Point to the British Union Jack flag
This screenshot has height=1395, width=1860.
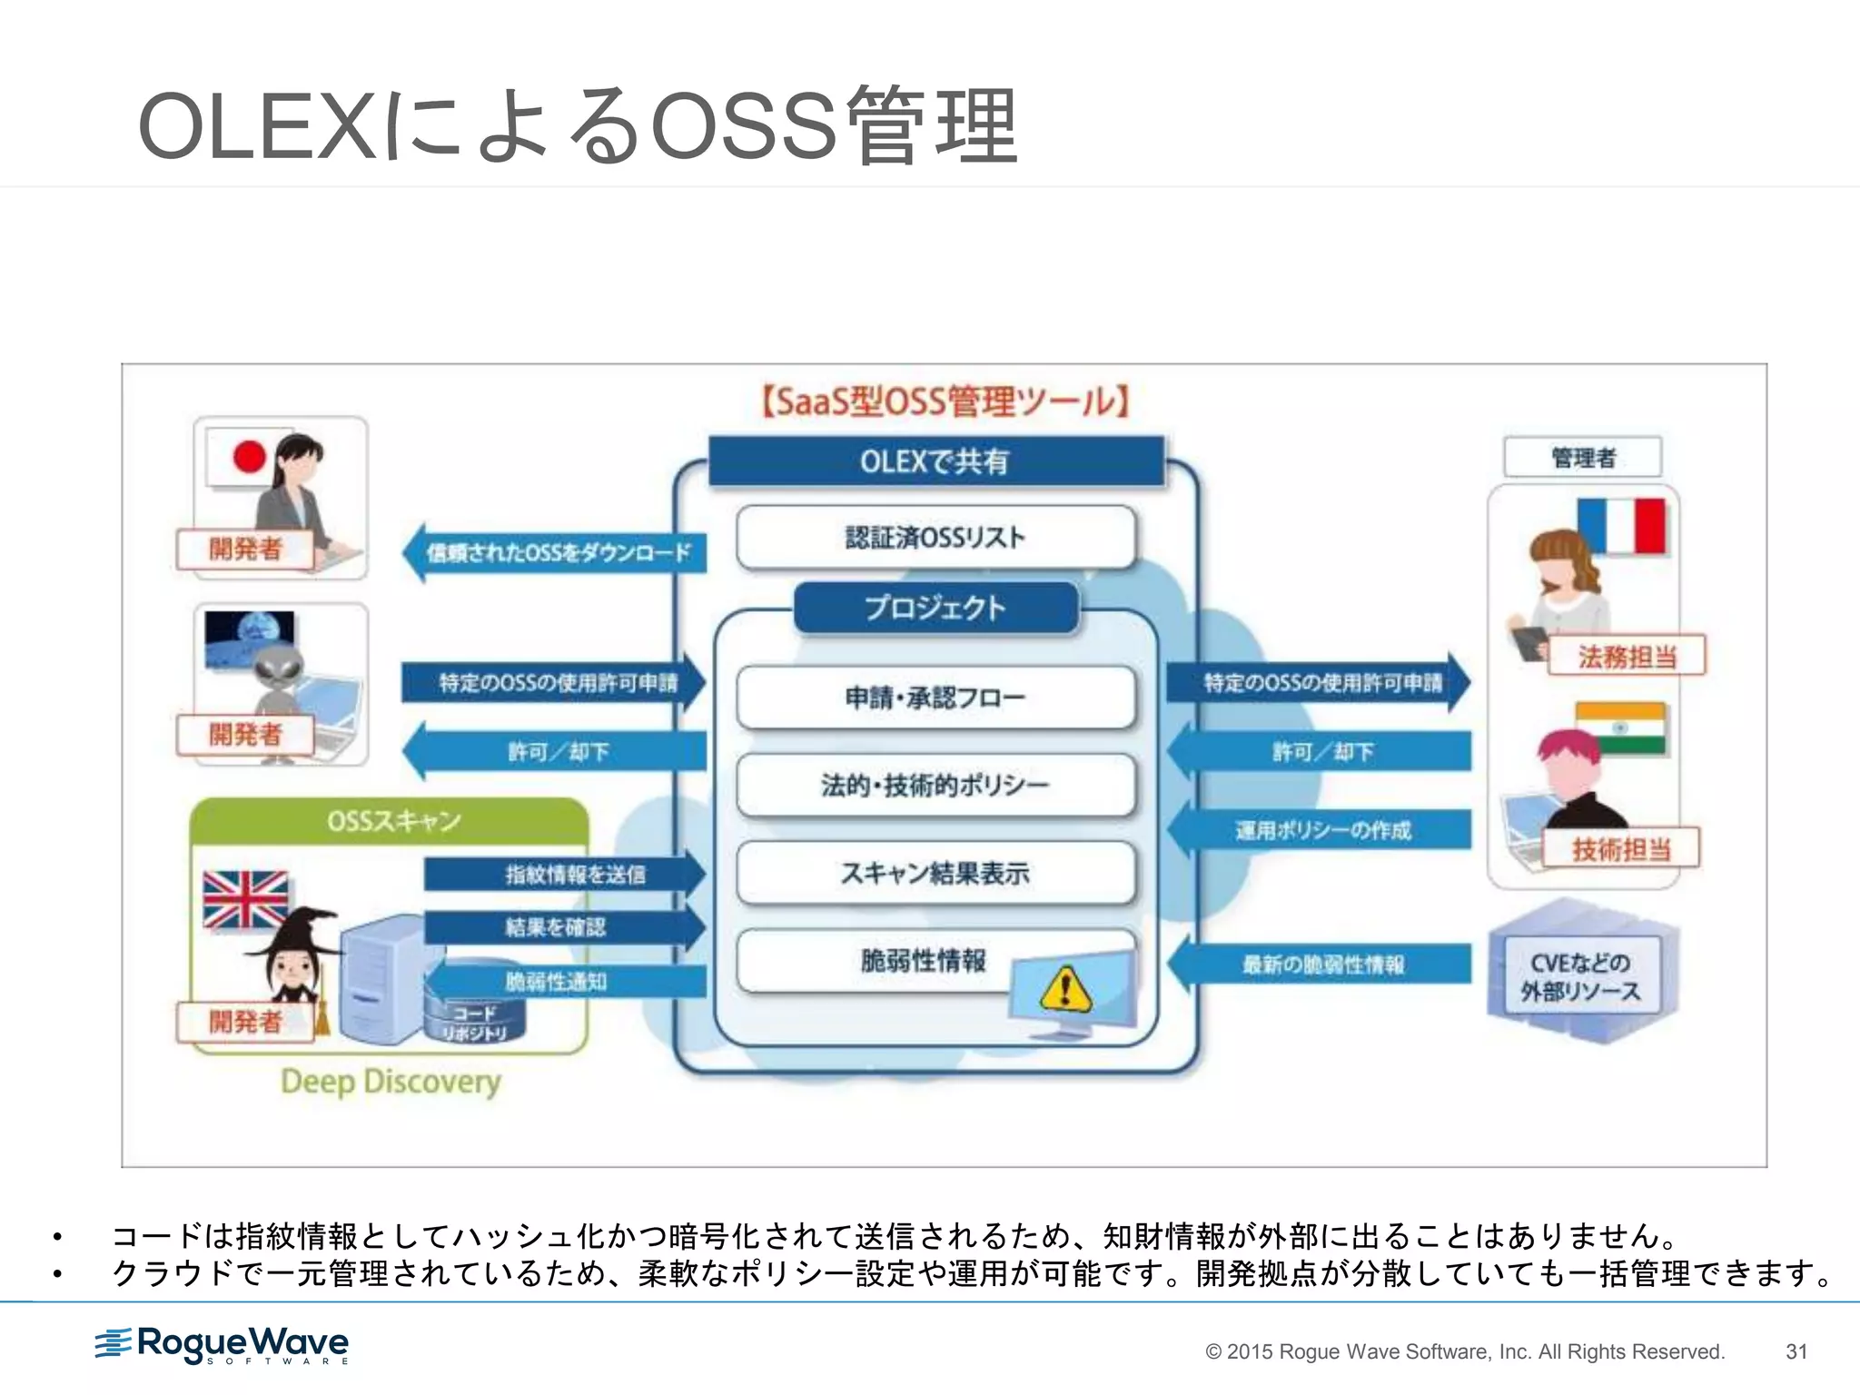[245, 899]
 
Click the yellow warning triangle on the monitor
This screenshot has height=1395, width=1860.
[1066, 989]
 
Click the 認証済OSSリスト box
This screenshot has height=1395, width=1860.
[935, 538]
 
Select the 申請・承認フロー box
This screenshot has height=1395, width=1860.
[935, 697]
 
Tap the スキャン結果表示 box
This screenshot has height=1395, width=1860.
[935, 874]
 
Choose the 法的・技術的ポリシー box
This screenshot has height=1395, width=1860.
[935, 785]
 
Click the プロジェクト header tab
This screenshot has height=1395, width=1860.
[935, 608]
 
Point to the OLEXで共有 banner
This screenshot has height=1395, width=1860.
[935, 461]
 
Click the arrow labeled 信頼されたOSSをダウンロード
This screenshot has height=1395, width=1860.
[555, 552]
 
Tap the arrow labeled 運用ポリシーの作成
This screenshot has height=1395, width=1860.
[1321, 830]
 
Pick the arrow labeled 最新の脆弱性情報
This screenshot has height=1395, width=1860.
[1321, 964]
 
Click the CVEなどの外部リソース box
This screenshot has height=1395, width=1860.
[1581, 976]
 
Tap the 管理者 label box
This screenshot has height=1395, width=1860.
[1583, 458]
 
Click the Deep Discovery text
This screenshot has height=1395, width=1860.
[391, 1082]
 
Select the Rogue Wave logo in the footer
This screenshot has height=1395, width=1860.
[223, 1344]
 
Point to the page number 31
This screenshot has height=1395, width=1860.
[1796, 1351]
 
